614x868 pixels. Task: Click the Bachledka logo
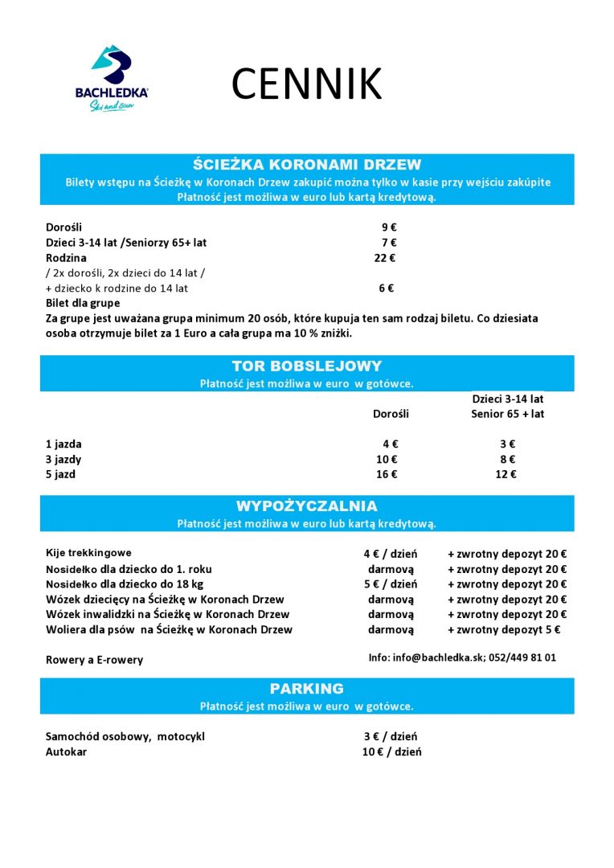click(x=112, y=79)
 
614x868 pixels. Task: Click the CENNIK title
click(x=306, y=84)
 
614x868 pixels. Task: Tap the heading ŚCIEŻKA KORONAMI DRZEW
click(x=307, y=165)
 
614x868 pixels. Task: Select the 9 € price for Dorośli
click(x=389, y=227)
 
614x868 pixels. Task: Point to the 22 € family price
click(x=385, y=258)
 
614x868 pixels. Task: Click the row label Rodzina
click(x=66, y=258)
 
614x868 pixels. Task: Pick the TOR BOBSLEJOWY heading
click(x=307, y=366)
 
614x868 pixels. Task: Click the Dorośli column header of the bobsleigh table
click(x=391, y=414)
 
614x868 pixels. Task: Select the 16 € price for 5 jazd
click(x=387, y=474)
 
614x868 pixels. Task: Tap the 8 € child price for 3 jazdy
click(x=506, y=459)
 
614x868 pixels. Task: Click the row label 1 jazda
click(x=63, y=444)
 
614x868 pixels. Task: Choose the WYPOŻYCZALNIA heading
click(x=307, y=506)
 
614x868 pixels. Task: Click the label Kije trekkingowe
click(x=88, y=553)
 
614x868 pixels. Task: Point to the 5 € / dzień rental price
click(x=390, y=584)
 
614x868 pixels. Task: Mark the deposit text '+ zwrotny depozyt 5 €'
click(x=504, y=630)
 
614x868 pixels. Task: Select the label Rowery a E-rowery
click(x=94, y=660)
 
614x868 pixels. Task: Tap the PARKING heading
click(x=307, y=689)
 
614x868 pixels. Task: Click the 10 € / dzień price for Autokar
click(x=391, y=752)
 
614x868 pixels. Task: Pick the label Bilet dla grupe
click(x=83, y=303)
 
